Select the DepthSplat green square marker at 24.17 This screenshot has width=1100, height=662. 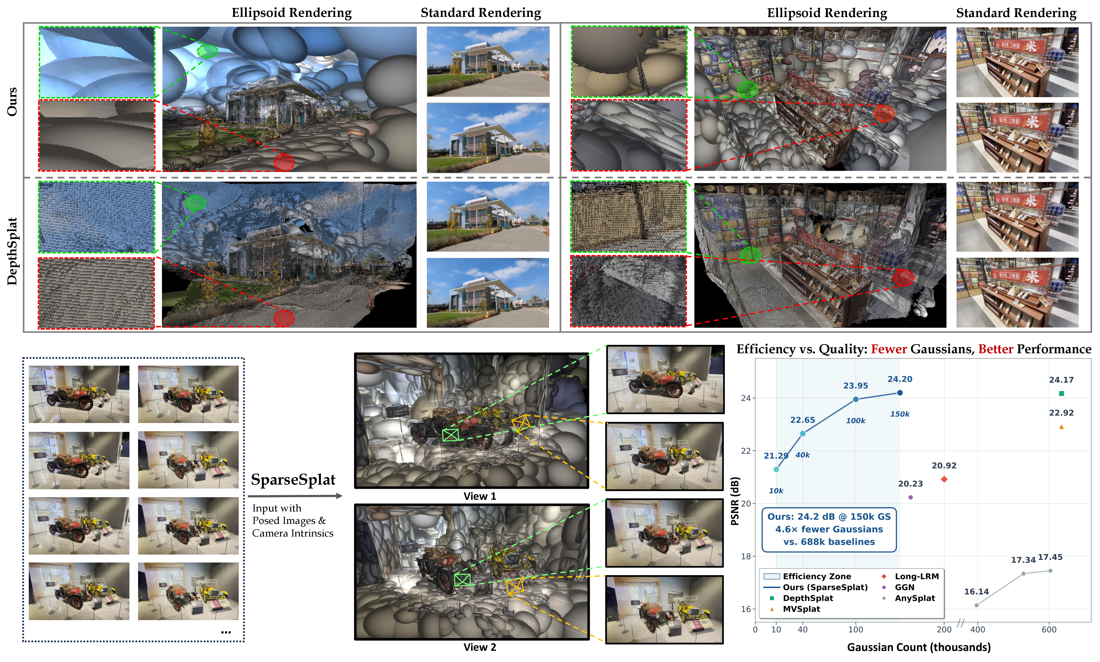pos(1061,394)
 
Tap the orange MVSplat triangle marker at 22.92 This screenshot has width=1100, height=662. pos(1061,427)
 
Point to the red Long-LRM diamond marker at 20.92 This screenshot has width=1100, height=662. pos(944,479)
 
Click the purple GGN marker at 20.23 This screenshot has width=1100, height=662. pos(910,497)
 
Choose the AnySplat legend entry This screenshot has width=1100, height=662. pos(914,598)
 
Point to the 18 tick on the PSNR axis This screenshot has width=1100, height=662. pos(745,556)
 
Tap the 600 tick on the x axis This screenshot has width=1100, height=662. pos(1049,629)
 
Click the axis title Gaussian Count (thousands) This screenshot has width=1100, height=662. pos(919,647)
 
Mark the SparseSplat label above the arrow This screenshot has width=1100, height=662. pos(293,480)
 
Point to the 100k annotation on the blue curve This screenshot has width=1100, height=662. pos(855,421)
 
